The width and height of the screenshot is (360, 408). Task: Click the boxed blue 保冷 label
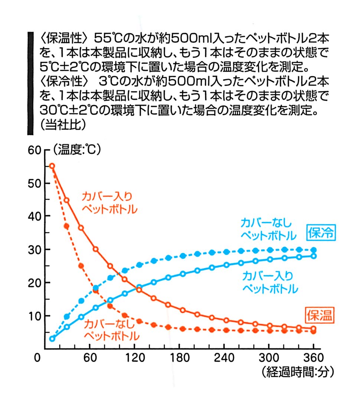tap(321, 233)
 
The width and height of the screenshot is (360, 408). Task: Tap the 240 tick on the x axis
tap(224, 358)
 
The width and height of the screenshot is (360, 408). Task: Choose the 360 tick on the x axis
tap(313, 358)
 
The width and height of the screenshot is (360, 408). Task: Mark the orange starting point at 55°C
tap(52, 166)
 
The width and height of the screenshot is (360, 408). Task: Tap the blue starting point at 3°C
tap(52, 339)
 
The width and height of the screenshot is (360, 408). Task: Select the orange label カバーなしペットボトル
tap(112, 330)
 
